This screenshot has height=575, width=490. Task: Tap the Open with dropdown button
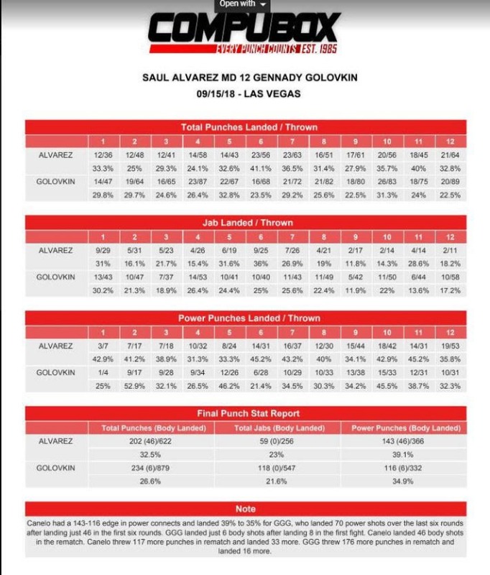[x=244, y=4]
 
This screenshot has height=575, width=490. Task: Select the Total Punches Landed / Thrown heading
[x=245, y=126]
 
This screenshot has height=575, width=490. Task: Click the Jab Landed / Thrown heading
[x=245, y=223]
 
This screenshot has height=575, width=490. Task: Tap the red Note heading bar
[x=245, y=509]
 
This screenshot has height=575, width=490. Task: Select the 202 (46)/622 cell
[x=151, y=441]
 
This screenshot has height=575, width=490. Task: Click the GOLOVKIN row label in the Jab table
[x=55, y=277]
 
